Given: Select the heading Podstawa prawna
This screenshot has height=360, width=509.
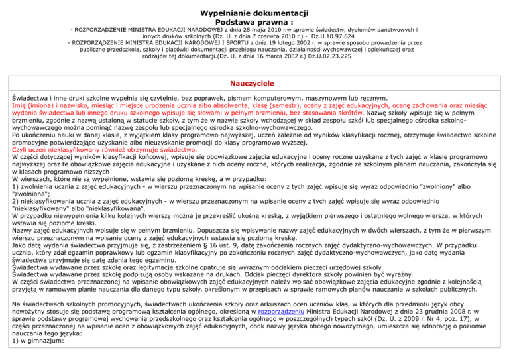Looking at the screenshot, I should (x=254, y=22).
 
